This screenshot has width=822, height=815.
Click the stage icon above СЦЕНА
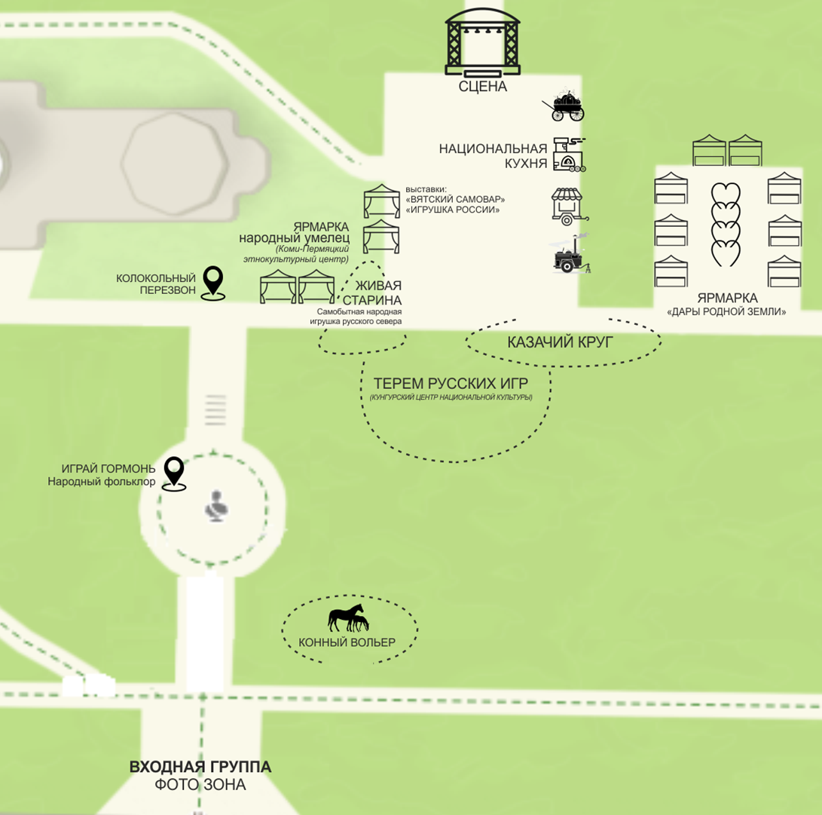pos(482,43)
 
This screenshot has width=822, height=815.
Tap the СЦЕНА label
pos(483,87)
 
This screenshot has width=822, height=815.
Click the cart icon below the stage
pos(564,108)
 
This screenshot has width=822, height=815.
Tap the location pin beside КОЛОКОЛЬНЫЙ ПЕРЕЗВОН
pos(215,283)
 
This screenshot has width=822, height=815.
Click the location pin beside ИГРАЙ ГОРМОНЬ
pos(175,473)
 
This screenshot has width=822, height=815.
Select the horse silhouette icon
pos(347,618)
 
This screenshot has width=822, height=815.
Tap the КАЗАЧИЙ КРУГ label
pos(561,342)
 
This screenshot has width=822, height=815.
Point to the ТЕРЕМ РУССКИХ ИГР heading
pos(451,382)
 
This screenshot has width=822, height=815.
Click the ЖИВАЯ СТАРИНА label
pos(378,292)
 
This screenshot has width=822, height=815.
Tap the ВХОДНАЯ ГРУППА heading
pos(200,768)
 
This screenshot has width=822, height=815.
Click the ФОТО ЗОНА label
pos(200,785)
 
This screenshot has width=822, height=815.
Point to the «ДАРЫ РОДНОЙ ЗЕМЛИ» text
pos(726,311)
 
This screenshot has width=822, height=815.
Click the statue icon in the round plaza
pos(217,507)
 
